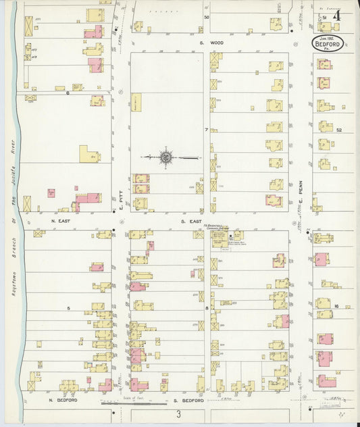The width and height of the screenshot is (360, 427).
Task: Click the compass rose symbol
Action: pos(165,157)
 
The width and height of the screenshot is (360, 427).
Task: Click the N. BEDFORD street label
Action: pos(64,400)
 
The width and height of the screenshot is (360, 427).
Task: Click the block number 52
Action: pos(340,130)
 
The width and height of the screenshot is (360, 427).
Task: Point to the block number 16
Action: pos(336,306)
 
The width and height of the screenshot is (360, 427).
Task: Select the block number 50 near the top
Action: pos(207,17)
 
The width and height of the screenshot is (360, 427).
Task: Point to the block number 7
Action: pos(207,128)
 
